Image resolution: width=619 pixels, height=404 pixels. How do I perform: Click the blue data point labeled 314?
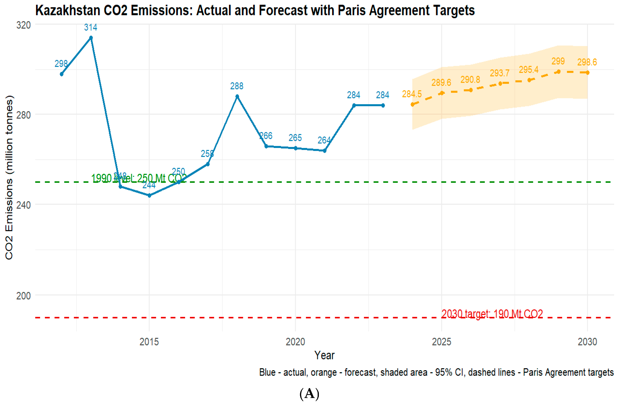[91, 38]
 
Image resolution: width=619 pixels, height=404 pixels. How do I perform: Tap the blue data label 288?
[237, 86]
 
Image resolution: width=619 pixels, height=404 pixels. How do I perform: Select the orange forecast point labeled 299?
[558, 72]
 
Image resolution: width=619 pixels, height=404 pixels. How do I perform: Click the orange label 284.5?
[412, 94]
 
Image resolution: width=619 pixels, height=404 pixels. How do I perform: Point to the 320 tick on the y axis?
[23, 25]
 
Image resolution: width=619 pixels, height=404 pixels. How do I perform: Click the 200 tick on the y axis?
[23, 296]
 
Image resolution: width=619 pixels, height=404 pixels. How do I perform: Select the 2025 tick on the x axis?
[441, 342]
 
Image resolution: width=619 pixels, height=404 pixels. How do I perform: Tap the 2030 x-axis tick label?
[587, 342]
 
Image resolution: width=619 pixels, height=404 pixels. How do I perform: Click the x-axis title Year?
[324, 355]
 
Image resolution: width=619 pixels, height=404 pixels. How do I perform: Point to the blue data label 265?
[295, 138]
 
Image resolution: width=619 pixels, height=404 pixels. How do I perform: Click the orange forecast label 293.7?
[500, 73]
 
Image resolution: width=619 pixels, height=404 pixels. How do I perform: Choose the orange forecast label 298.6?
[587, 62]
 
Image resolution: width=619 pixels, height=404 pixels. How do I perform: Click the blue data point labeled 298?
[62, 74]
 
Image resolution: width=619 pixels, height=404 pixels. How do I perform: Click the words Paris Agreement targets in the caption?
[568, 372]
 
